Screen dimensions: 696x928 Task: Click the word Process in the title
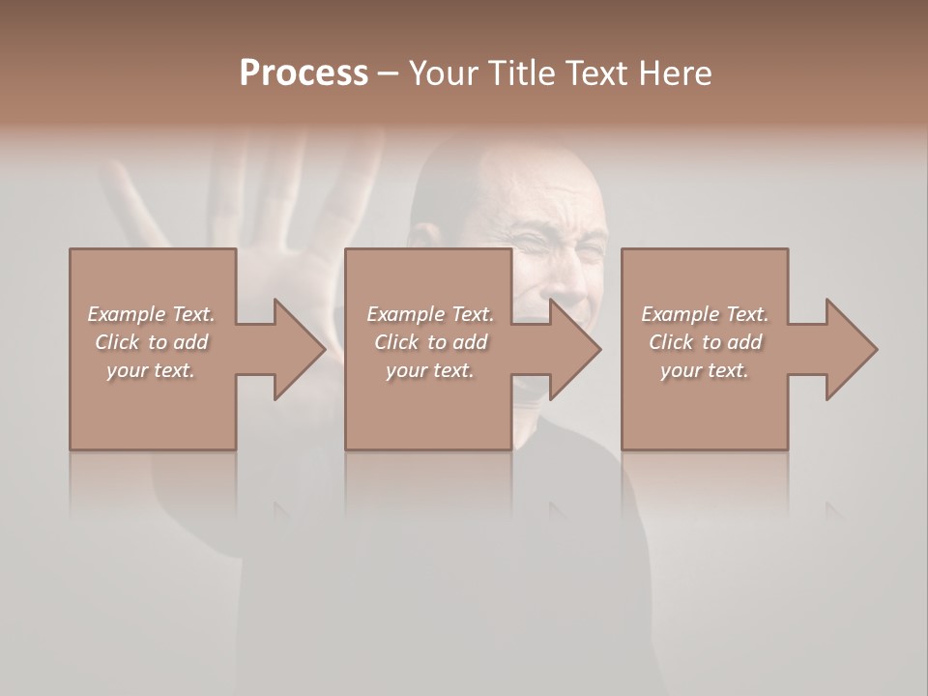pos(304,73)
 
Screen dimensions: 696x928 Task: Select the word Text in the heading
pos(596,73)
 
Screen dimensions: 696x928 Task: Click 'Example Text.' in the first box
pos(151,314)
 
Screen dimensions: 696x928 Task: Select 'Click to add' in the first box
pos(151,342)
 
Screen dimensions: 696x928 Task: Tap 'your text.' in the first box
pos(151,370)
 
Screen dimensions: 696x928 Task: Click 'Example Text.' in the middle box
pos(430,314)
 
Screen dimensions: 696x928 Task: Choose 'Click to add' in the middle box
pos(430,342)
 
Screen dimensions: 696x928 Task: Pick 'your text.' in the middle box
pos(430,370)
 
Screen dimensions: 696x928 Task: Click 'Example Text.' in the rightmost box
pos(705,314)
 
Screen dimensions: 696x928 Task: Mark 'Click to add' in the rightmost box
pos(705,342)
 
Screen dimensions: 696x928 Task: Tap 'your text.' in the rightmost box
pos(705,370)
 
